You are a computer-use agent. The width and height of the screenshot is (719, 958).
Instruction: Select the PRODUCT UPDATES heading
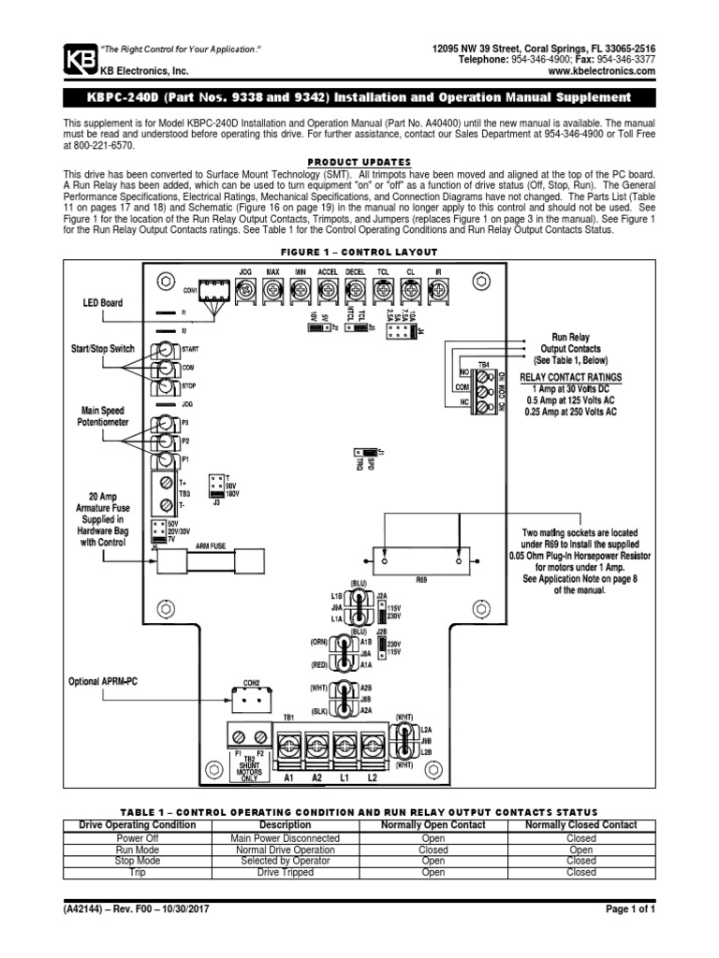359,161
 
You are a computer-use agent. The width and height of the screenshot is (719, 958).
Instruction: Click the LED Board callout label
103,304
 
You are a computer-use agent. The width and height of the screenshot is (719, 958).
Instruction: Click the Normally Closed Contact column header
580,825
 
